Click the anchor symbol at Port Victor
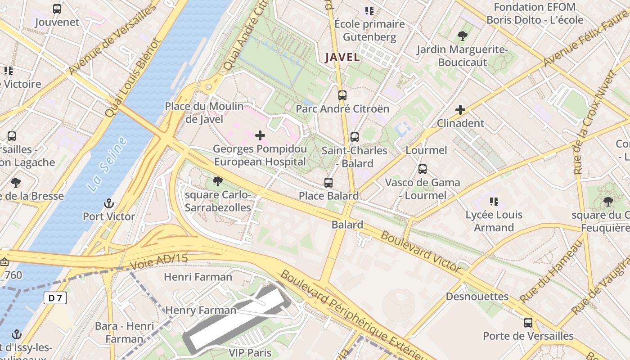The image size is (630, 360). point(108,203)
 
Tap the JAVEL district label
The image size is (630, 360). point(342,57)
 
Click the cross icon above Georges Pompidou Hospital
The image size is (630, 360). point(260,135)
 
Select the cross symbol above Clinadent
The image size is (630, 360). point(460,109)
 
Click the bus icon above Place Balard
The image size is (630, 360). point(328,182)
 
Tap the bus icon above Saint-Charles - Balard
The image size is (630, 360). point(355,137)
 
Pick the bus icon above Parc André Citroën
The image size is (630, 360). point(342,95)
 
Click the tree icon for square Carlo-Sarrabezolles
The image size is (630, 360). point(218,181)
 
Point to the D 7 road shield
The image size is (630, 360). point(55,298)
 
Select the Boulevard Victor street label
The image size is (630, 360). point(421,252)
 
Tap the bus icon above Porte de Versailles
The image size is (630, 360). point(528,322)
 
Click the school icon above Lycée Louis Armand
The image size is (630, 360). point(494,201)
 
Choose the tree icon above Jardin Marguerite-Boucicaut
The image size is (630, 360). point(462,36)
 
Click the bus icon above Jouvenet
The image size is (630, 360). point(57,9)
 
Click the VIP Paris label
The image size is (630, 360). point(250,352)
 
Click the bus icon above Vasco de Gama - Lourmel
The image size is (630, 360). point(422,169)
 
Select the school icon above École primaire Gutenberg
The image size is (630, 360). point(369,10)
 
